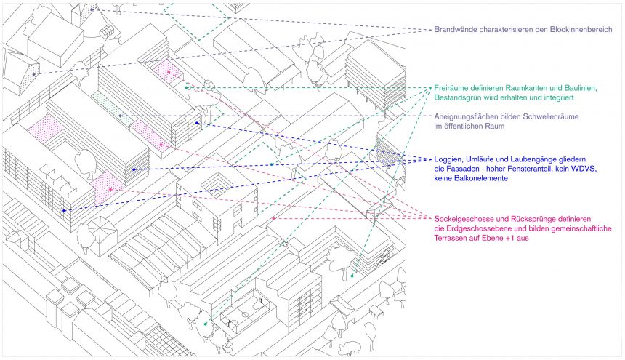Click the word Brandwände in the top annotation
coord(456,30)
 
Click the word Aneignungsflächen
coord(466,117)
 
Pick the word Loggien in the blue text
coord(448,159)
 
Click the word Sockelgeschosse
coord(466,219)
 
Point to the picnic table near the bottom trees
coord(376,312)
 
